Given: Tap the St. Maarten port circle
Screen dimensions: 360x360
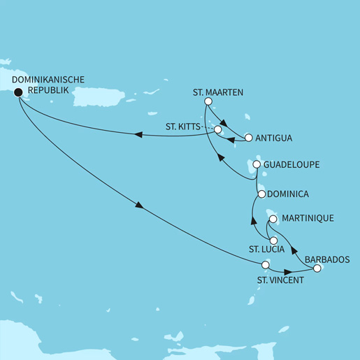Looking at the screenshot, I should [208, 102].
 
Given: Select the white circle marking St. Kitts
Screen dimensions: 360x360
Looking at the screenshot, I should [217, 130].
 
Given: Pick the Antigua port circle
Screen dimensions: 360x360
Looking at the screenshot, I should [248, 137].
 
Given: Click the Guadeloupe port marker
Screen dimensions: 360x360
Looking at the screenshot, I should [257, 165].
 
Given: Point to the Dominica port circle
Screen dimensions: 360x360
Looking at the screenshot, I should [261, 194].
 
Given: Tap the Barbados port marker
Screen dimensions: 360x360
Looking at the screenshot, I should [317, 268].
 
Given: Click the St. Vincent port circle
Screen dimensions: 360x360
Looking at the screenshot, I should [265, 265].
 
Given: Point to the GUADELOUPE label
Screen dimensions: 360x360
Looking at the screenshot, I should [292, 165].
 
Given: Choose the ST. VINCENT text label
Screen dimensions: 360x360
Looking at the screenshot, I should [276, 280].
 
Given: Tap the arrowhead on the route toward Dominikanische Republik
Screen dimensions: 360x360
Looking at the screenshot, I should [138, 136].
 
